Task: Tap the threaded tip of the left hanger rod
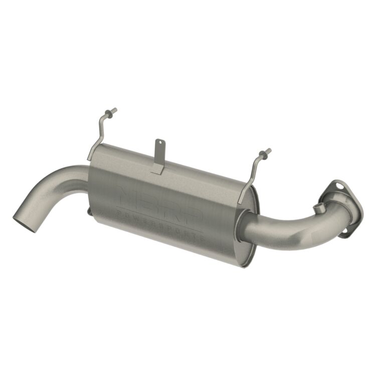tap(114, 110)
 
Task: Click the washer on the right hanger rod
tap(263, 153)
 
